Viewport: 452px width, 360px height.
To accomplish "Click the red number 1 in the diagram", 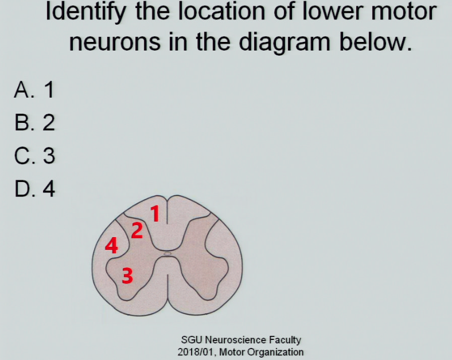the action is pyautogui.click(x=155, y=214).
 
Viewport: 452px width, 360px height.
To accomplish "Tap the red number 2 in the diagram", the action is pyautogui.click(x=137, y=230).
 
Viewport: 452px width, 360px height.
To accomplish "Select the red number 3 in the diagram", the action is pyautogui.click(x=127, y=275).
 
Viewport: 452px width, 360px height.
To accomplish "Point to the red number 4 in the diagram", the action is pyautogui.click(x=111, y=246).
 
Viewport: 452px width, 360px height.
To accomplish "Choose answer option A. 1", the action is pyautogui.click(x=34, y=90).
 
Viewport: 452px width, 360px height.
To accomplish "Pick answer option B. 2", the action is pyautogui.click(x=34, y=123).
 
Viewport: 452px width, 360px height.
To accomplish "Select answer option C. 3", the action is pyautogui.click(x=34, y=156).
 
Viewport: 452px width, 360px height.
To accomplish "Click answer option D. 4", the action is pyautogui.click(x=34, y=189).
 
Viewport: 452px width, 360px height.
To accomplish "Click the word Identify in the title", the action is pyautogui.click(x=85, y=12).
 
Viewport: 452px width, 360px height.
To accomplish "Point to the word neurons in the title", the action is pyautogui.click(x=115, y=42).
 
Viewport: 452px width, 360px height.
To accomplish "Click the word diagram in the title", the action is pyautogui.click(x=285, y=42).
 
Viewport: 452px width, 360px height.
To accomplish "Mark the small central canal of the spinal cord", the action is pyautogui.click(x=167, y=254).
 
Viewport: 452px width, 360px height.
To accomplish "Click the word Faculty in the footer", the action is pyautogui.click(x=285, y=340).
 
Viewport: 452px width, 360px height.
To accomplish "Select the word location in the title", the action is pyautogui.click(x=221, y=11).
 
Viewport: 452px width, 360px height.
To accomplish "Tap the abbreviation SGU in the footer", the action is pyautogui.click(x=192, y=340).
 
